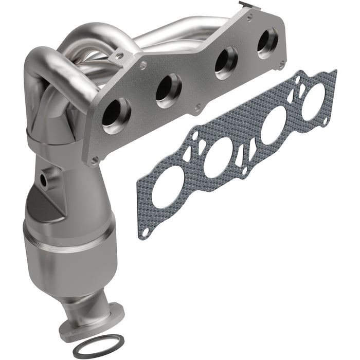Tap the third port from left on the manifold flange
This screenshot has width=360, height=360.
coord(225,63)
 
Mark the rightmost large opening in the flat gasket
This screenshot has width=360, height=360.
coord(313,102)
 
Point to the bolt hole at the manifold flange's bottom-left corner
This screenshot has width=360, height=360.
coord(95,160)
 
